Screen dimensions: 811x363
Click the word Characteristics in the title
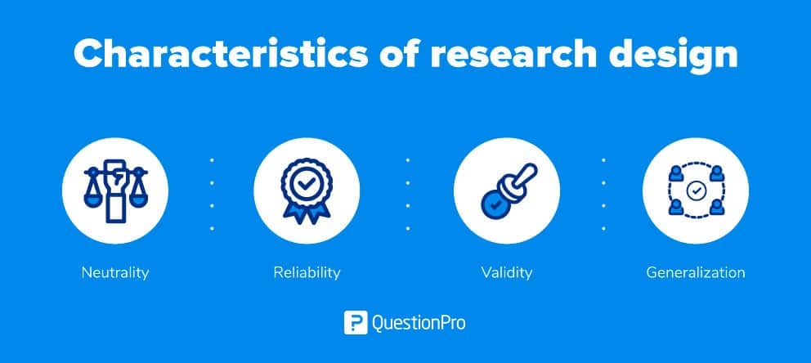click(221, 54)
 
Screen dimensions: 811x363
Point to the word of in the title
click(399, 54)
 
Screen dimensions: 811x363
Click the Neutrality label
click(114, 272)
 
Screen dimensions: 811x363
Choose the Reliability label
click(307, 272)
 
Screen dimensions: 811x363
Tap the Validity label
click(506, 272)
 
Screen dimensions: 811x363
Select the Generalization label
click(696, 272)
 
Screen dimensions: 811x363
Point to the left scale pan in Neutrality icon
click(92, 200)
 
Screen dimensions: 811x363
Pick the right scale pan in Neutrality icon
click(138, 200)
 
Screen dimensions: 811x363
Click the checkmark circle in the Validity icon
click(495, 204)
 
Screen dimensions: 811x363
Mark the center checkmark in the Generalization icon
click(696, 190)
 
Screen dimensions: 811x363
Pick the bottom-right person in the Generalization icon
click(716, 208)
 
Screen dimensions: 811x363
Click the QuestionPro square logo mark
click(356, 323)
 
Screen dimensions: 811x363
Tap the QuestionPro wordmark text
click(419, 324)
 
